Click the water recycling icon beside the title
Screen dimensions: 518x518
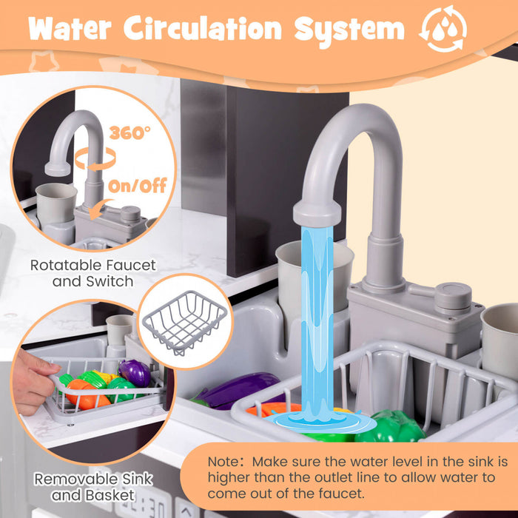click(443, 28)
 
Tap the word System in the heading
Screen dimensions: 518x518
click(349, 30)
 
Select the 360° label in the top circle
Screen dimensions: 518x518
click(129, 132)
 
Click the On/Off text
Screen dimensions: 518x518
click(138, 186)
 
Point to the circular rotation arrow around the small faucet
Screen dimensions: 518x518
click(95, 159)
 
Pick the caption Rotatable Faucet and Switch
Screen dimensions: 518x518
click(92, 273)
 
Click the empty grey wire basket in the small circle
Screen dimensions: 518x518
click(185, 322)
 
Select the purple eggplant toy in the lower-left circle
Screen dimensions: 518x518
click(135, 373)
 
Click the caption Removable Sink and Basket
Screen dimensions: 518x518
click(93, 487)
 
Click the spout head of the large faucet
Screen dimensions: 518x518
click(317, 213)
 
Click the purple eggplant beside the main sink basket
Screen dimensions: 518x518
click(238, 390)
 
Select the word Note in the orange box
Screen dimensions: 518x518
click(223, 462)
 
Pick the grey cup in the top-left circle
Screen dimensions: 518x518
click(56, 203)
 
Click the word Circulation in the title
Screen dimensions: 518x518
click(203, 28)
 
